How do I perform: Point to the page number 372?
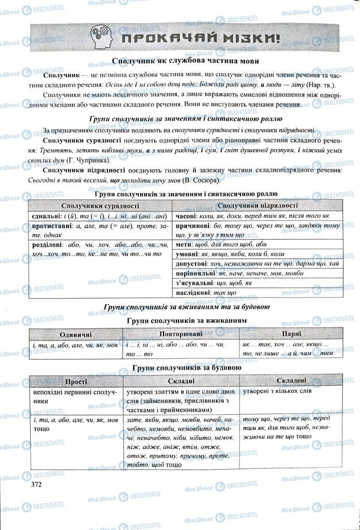coord(36,484)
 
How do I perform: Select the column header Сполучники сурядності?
coord(98,206)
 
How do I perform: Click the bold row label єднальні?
coord(47,216)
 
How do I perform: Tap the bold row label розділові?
coord(48,244)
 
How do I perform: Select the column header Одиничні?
coord(76,334)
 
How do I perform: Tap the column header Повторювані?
coord(181,334)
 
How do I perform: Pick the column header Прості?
coord(76,381)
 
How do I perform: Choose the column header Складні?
coord(181,381)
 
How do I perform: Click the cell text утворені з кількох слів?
coord(277,391)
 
